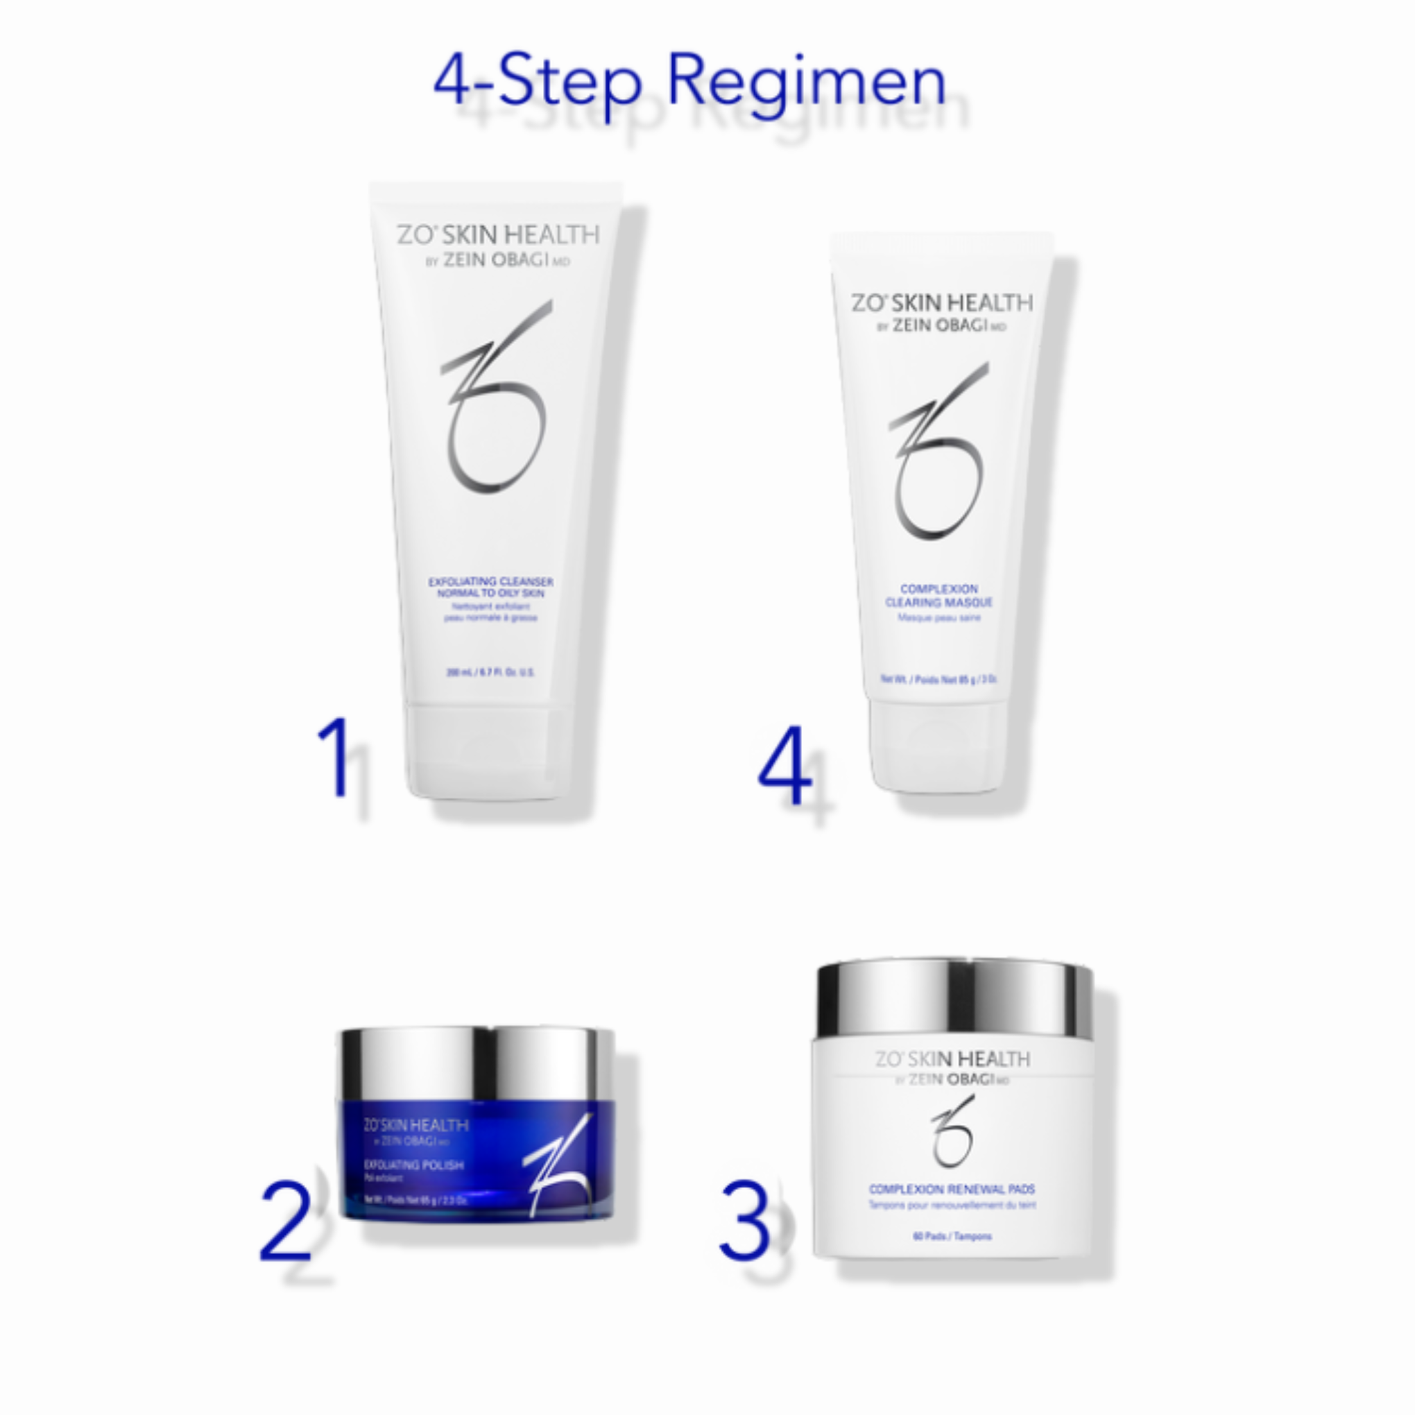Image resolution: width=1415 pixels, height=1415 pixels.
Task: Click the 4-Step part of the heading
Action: [x=538, y=82]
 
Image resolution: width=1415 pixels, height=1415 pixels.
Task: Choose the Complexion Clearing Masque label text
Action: [x=938, y=595]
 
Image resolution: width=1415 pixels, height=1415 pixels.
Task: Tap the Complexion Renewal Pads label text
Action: [x=952, y=1190]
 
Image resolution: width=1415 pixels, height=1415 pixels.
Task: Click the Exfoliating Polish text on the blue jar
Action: [x=414, y=1165]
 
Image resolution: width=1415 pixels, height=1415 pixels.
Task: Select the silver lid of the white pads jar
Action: [x=954, y=998]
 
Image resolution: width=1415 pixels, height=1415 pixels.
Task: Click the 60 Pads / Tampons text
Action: [x=952, y=1236]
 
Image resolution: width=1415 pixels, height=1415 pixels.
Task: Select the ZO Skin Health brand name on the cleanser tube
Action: [x=498, y=235]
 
